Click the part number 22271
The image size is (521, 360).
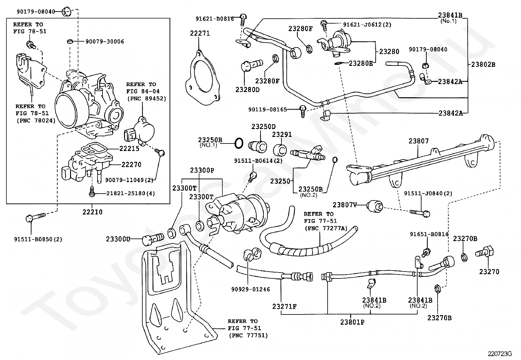pyautogui.click(x=200, y=33)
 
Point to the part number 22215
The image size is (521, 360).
pyautogui.click(x=129, y=148)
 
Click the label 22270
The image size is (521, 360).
pyautogui.click(x=131, y=164)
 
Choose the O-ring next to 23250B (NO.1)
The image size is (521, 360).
pyautogui.click(x=239, y=143)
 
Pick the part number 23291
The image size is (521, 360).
pyautogui.click(x=282, y=135)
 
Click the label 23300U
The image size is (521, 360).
pyautogui.click(x=118, y=239)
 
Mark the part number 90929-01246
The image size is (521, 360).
pyautogui.click(x=251, y=289)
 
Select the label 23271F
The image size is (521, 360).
pyautogui.click(x=284, y=307)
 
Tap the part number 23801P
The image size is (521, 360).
pyautogui.click(x=352, y=322)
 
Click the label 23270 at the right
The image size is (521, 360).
pyautogui.click(x=489, y=272)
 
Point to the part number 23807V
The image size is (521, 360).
pyautogui.click(x=345, y=205)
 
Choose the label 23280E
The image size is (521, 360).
pyautogui.click(x=361, y=64)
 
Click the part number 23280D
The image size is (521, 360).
pyautogui.click(x=247, y=89)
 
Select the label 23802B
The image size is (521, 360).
pyautogui.click(x=483, y=65)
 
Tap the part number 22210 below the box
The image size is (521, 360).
pyautogui.click(x=92, y=212)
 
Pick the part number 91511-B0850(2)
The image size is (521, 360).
pyautogui.click(x=38, y=239)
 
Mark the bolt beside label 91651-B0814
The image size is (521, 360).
pyautogui.click(x=426, y=253)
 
